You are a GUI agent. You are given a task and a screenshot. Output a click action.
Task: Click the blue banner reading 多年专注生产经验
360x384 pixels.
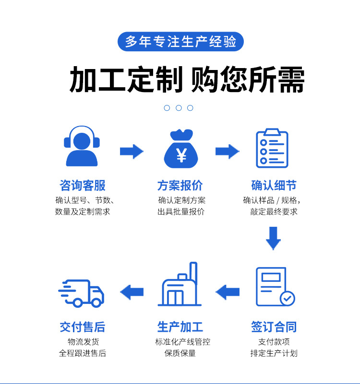181,41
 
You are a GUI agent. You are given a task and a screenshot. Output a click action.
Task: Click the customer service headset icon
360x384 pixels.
82,146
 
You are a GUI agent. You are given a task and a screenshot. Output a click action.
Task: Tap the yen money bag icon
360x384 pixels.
181,149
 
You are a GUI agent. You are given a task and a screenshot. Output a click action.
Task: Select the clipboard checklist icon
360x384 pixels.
272,148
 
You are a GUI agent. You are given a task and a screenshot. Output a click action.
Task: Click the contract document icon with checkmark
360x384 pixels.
275,287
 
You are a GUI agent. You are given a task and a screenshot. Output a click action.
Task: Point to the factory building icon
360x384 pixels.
180,284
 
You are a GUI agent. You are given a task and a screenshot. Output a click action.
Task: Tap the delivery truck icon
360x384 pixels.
81,293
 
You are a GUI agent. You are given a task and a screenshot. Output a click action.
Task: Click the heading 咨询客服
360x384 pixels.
83,186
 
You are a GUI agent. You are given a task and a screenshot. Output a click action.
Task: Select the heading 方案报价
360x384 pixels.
180,186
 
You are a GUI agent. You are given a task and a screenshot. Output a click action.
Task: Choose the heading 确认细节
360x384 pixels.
274,186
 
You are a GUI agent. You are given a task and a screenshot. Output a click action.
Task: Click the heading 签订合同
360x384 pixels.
274,327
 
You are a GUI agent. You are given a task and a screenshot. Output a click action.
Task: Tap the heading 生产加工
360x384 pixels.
180,327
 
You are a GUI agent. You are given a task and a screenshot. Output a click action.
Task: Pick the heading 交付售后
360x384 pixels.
83,327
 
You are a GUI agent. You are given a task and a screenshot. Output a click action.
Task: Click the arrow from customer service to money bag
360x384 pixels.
132,151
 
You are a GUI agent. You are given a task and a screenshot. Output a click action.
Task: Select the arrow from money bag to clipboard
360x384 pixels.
228,151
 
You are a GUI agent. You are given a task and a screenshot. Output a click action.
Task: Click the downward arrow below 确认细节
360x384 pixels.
274,238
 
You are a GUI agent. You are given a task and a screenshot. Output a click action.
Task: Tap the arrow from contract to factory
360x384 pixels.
228,292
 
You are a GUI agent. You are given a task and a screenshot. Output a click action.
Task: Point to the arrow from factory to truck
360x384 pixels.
132,292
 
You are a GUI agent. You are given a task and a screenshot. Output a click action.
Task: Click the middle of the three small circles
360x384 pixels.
179,108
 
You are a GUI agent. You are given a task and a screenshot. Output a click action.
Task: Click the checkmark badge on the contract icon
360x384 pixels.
288,298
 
